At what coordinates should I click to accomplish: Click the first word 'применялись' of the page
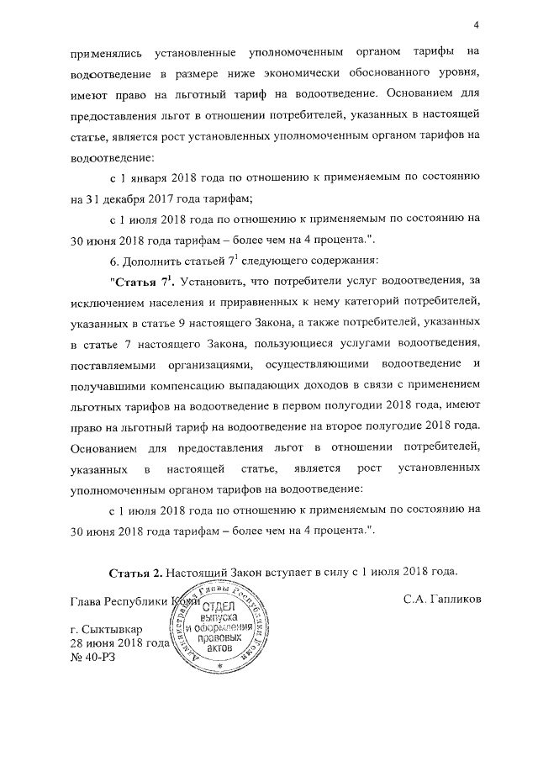(103, 52)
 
